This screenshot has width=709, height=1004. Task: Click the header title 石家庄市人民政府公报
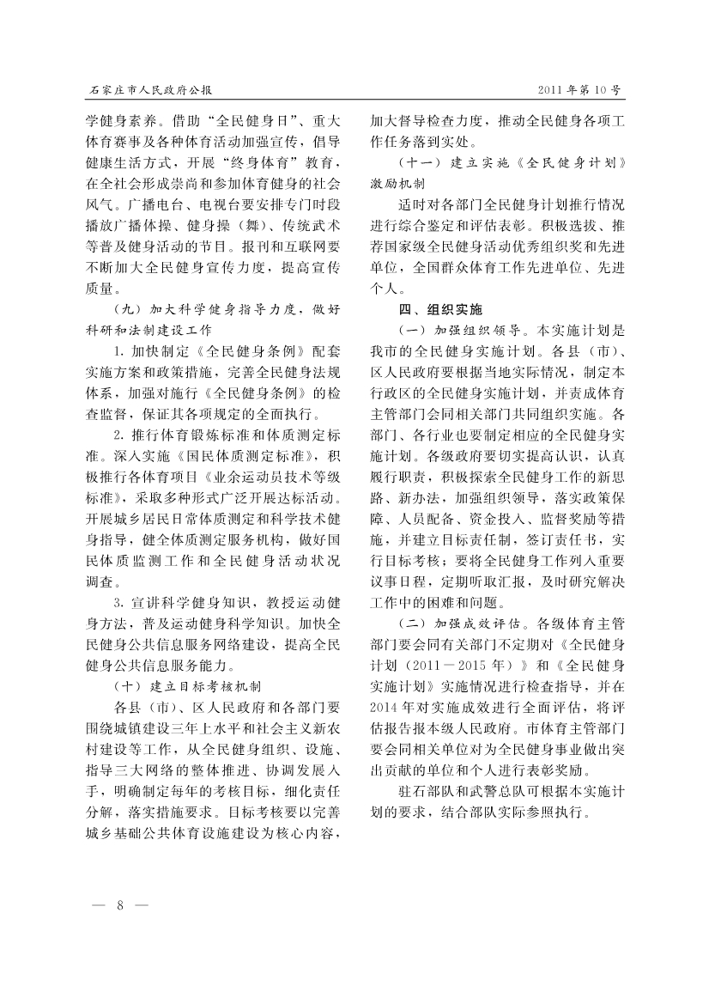[x=150, y=89]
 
